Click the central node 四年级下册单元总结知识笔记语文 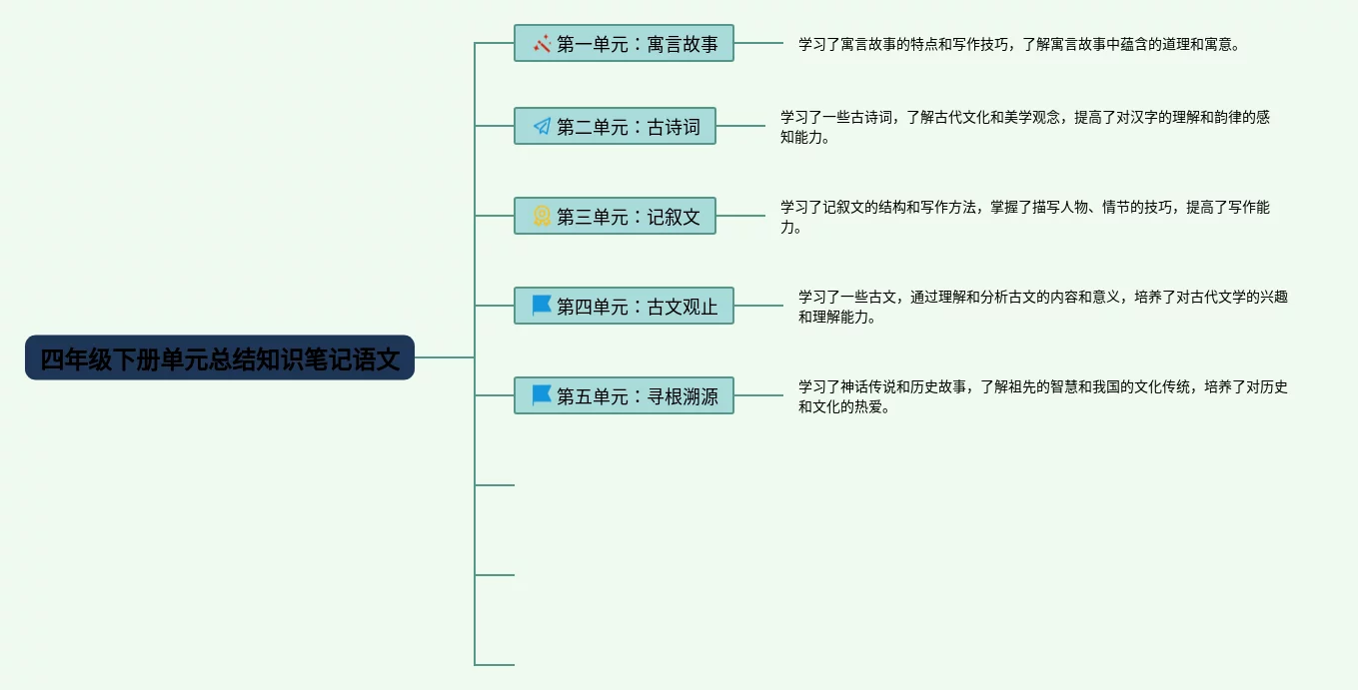(219, 357)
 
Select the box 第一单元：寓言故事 (624, 43)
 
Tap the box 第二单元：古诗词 (615, 126)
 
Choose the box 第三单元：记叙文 (615, 216)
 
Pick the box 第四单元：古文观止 (624, 306)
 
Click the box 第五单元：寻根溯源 (624, 395)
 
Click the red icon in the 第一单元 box (542, 44)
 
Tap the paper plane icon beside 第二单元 (542, 127)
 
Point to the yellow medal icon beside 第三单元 (542, 216)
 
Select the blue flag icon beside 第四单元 (542, 305)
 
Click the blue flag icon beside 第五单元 (542, 394)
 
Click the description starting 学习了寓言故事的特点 (1018, 44)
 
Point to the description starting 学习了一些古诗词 (1024, 127)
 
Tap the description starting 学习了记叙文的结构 (1024, 217)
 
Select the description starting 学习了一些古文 (1042, 307)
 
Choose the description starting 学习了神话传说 (1042, 396)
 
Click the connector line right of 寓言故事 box (758, 43)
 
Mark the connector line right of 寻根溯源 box (758, 395)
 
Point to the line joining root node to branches (445, 357)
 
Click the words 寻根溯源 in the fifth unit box (682, 396)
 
